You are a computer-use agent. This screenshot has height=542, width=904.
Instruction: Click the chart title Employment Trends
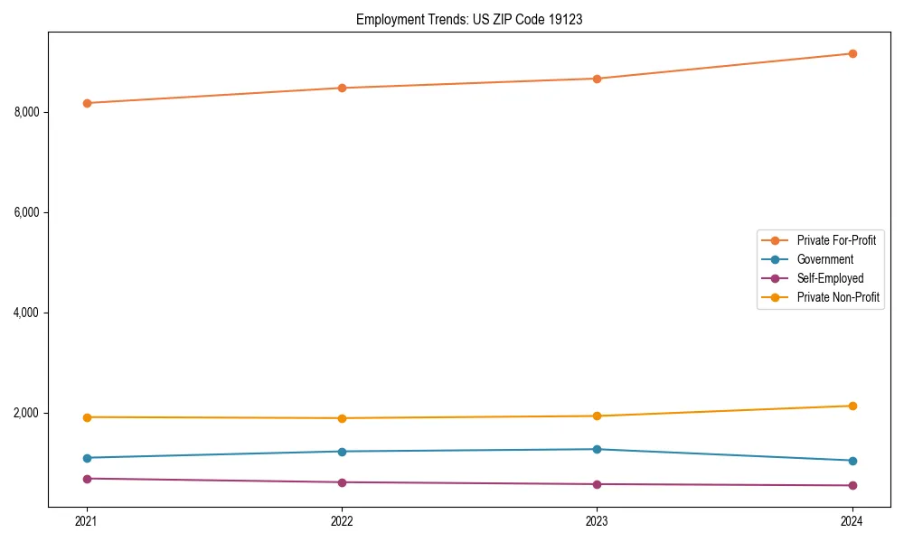coord(469,19)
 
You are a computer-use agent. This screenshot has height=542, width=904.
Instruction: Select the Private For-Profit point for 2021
coord(87,103)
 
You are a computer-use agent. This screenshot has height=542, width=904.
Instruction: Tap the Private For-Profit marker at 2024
coord(852,53)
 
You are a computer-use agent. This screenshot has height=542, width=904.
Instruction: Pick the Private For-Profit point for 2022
coord(342,88)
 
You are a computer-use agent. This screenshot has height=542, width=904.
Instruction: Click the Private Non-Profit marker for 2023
coord(597,416)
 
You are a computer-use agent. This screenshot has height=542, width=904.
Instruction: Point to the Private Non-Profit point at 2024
coord(852,406)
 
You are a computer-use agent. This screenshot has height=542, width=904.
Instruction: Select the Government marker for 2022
coord(342,451)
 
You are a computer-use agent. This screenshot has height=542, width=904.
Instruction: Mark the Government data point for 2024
coord(852,461)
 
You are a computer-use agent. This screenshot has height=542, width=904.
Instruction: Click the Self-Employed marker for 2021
coord(87,478)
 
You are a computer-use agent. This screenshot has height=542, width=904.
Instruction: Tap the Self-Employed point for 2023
coord(597,484)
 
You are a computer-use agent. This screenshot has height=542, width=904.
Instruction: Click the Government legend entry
coord(824,259)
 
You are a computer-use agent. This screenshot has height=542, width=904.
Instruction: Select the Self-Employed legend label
coord(830,278)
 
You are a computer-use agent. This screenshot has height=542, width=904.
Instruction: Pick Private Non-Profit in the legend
coord(838,297)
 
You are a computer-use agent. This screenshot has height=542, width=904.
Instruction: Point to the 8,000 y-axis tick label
coord(27,112)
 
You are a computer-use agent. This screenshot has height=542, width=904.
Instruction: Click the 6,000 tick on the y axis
coord(27,212)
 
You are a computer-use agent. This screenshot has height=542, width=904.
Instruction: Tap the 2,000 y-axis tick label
coord(27,413)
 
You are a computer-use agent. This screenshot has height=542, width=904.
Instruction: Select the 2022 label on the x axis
coord(342,520)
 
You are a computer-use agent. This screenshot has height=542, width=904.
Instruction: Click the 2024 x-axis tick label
coord(852,520)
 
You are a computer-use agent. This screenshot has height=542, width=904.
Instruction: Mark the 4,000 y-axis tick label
coord(27,313)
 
